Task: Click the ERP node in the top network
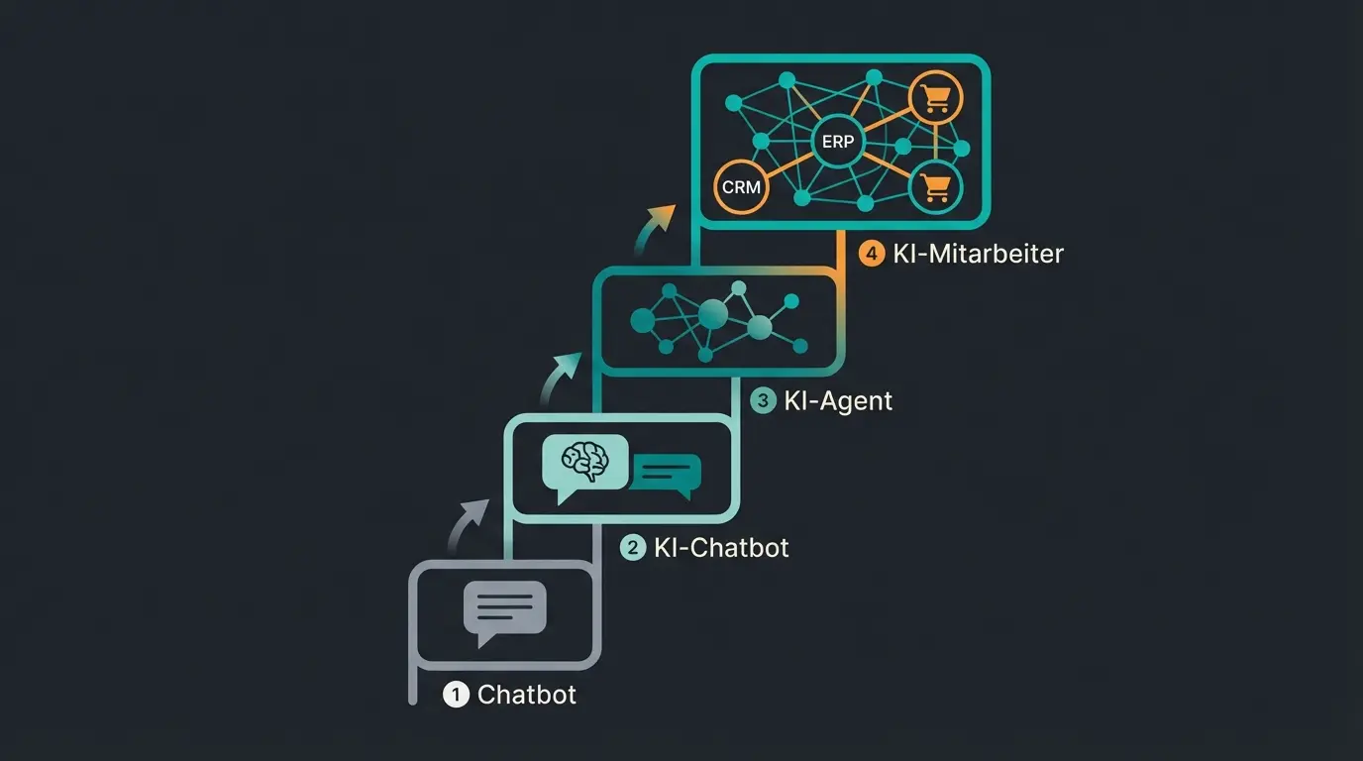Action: coord(837,143)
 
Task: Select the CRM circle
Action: coord(740,186)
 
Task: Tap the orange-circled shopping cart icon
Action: coord(934,98)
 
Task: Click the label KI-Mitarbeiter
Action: coord(977,254)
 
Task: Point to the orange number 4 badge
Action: coord(872,254)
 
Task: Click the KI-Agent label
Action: coord(837,400)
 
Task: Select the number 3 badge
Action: coord(762,400)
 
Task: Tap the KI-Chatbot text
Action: coord(721,547)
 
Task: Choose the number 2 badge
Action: coord(632,547)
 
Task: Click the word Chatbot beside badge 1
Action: coord(526,695)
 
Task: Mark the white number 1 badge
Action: coord(455,695)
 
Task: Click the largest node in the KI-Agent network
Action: coord(712,315)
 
